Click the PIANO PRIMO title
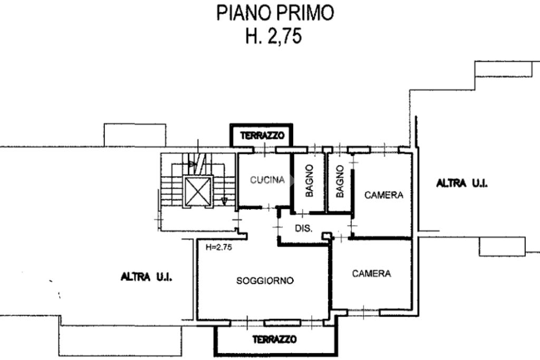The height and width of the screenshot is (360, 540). click(275, 13)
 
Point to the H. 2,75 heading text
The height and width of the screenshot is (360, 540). click(274, 36)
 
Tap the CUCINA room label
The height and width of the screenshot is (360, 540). click(267, 180)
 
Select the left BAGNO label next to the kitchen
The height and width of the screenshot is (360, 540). click(310, 180)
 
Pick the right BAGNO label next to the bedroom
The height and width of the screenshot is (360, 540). click(340, 181)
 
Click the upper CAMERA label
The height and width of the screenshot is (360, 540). click(384, 195)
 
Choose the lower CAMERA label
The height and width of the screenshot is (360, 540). click(372, 274)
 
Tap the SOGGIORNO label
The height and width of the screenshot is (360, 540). click(265, 280)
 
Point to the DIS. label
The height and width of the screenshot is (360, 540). click(304, 229)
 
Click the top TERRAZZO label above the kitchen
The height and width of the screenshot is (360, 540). click(262, 135)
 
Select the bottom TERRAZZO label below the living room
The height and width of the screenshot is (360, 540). click(274, 339)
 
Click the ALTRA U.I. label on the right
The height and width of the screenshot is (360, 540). click(462, 183)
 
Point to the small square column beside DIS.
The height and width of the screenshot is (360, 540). click(326, 235)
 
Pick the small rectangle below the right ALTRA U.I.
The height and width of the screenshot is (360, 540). click(502, 246)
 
